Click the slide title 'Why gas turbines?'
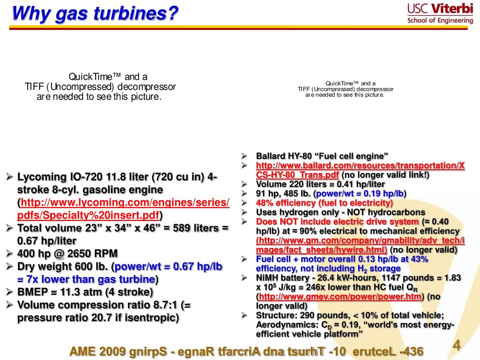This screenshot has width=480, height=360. (95, 13)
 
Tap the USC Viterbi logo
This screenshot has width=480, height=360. (440, 13)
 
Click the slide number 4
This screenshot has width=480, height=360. (457, 345)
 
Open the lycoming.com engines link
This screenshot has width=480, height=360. (123, 209)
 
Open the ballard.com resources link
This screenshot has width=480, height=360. (360, 170)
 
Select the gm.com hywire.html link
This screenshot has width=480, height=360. (360, 245)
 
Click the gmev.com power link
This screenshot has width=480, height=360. (340, 297)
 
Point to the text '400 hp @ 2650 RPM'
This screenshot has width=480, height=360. (67, 254)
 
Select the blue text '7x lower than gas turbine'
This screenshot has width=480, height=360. (86, 279)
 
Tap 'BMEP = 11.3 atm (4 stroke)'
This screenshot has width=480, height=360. (85, 292)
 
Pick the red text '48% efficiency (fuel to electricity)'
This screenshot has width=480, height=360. (324, 203)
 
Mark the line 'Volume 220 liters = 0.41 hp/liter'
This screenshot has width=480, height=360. (321, 184)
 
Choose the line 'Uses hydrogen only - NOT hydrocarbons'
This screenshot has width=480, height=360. (341, 212)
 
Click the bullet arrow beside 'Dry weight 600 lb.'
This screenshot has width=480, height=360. (9, 266)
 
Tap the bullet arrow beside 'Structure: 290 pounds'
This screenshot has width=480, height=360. (244, 315)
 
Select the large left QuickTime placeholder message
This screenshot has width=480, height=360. (100, 87)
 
